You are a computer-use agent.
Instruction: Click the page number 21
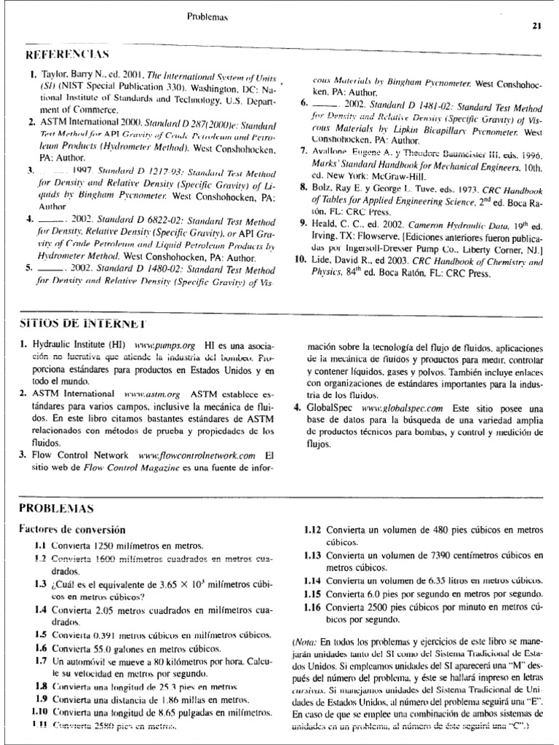click(x=537, y=27)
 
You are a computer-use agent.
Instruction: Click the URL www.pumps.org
click(x=155, y=343)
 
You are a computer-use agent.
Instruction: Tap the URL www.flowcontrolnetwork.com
click(x=197, y=455)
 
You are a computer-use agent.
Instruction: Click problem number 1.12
click(x=313, y=530)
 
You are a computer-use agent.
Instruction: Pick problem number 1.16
click(x=313, y=606)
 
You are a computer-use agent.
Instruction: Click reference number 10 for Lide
click(x=298, y=258)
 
